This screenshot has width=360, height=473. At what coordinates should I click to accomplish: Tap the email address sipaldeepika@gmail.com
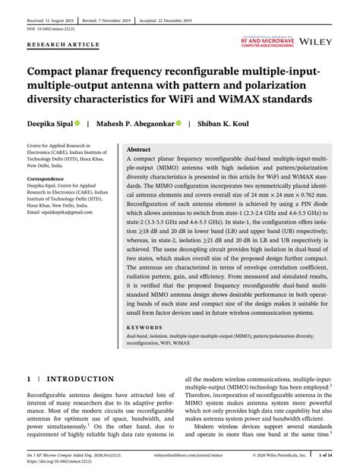(x=62, y=213)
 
